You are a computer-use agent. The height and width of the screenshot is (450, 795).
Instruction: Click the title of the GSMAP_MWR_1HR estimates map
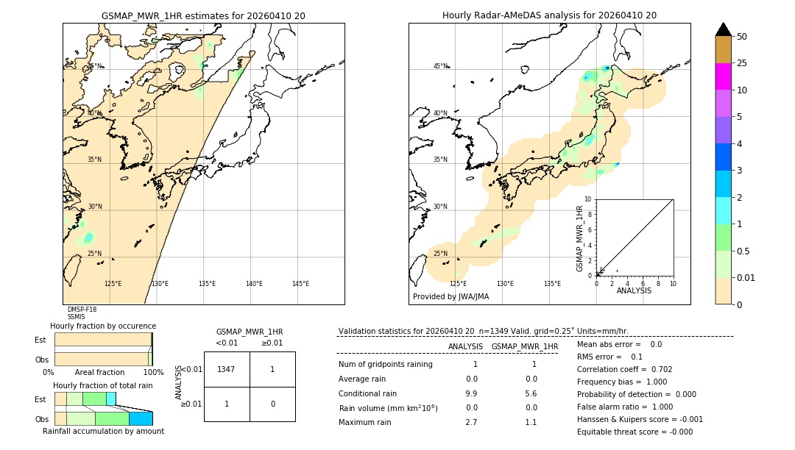tap(203, 15)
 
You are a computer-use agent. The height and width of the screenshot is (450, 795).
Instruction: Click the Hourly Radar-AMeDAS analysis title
tap(549, 15)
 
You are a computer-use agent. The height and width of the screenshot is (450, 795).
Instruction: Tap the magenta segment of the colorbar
tap(723, 76)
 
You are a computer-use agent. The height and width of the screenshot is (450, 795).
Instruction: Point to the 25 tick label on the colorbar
tap(742, 63)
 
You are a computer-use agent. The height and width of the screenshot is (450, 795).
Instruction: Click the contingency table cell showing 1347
tap(227, 369)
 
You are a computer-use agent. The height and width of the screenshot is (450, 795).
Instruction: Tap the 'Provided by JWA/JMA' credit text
tap(451, 296)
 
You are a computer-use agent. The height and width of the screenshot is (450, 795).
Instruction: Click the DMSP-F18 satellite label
tap(82, 310)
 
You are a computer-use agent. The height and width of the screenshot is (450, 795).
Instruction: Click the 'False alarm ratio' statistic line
tap(625, 407)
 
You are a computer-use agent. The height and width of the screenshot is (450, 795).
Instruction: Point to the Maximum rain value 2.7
tap(471, 422)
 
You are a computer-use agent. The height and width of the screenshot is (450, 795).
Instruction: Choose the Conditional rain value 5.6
tap(530, 393)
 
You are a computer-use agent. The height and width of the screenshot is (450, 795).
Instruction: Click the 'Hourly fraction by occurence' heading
tap(103, 326)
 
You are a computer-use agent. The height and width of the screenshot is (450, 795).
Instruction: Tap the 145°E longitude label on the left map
tap(300, 284)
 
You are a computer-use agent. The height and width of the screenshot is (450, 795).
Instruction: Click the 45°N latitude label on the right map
tap(440, 66)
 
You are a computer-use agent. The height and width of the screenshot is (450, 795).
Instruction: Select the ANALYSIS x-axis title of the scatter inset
tap(634, 290)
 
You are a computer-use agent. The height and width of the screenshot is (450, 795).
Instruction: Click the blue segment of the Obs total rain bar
tap(141, 418)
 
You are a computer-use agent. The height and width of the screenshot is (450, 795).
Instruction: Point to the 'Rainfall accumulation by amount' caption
tap(103, 431)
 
